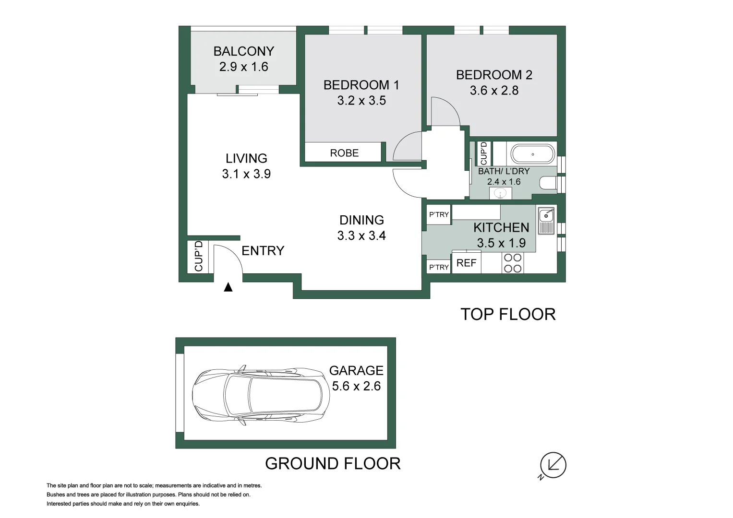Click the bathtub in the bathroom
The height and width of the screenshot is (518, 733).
coord(532,154)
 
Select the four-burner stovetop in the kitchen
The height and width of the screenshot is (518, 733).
coord(513,263)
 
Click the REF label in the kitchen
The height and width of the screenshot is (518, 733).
coord(466,263)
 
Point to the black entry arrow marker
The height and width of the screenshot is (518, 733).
coord(228,287)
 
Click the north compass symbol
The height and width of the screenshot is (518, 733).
coord(553,465)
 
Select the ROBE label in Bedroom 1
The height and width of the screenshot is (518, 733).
coord(344,153)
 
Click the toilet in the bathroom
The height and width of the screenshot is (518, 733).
coord(548,183)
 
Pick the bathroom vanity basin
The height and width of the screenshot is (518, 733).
coord(500,193)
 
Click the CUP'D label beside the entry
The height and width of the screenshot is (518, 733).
coord(199,256)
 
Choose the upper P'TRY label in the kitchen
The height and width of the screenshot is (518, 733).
coord(439,214)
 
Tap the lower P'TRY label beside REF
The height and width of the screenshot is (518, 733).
coord(439,267)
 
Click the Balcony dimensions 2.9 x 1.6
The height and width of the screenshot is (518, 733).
coord(243,67)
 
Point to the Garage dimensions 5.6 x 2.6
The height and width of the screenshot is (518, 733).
coord(356,386)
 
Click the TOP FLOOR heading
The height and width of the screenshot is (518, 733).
coord(508,314)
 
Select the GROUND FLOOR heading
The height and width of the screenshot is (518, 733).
coord(333,463)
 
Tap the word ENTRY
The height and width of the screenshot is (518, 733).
coord(263,251)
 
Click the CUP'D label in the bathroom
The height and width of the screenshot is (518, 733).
coord(483,153)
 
